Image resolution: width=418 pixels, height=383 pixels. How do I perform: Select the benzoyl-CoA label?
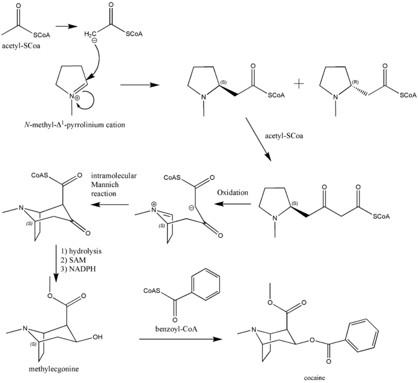168,327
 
